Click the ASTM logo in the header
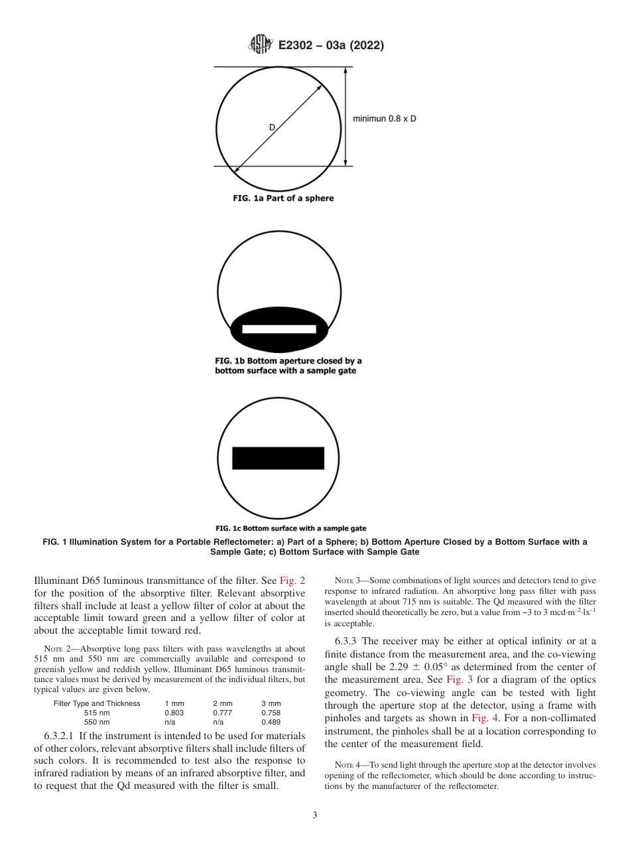tap(260, 45)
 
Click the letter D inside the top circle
tap(271, 127)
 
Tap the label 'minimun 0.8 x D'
tap(385, 119)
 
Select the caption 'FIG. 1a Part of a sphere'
tap(283, 198)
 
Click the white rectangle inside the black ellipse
tap(279, 329)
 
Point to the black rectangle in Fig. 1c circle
tap(279, 458)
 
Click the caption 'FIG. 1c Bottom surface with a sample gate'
tap(291, 528)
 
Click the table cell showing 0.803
tap(174, 713)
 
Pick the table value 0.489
tap(271, 722)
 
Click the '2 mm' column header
tap(223, 703)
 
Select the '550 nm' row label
tap(97, 722)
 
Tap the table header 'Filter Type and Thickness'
tap(97, 703)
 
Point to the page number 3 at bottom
tap(315, 815)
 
